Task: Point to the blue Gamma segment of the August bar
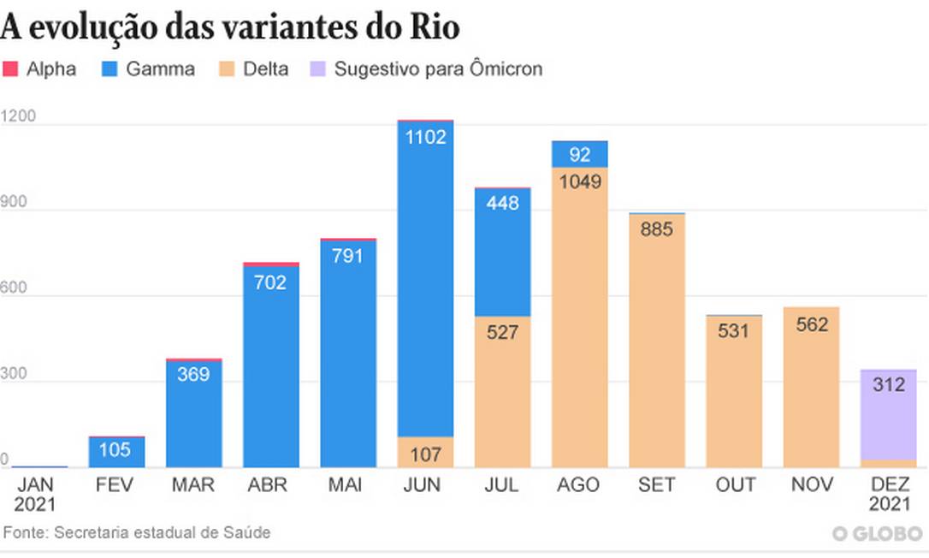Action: pyautogui.click(x=579, y=155)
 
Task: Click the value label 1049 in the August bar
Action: pyautogui.click(x=579, y=181)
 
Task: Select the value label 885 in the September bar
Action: pyautogui.click(x=656, y=229)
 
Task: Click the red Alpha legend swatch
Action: pyautogui.click(x=10, y=69)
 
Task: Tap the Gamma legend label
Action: pyautogui.click(x=160, y=69)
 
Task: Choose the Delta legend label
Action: pyautogui.click(x=266, y=69)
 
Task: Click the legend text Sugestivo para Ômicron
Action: pyautogui.click(x=438, y=69)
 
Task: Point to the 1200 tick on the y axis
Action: pyautogui.click(x=19, y=116)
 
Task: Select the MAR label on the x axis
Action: pyautogui.click(x=192, y=485)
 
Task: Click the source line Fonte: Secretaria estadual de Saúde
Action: pyautogui.click(x=137, y=532)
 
